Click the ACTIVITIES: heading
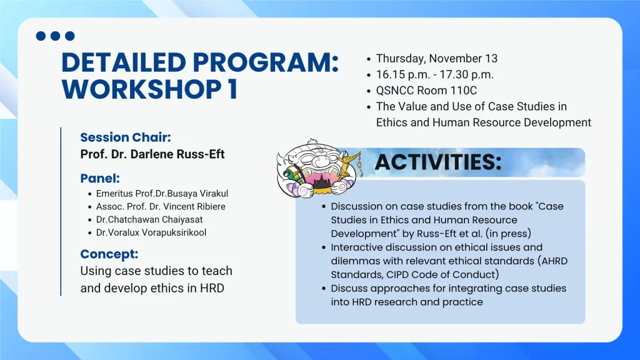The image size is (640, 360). (x=438, y=162)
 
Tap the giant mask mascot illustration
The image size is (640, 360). (x=319, y=169)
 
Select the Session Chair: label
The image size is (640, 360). (x=125, y=137)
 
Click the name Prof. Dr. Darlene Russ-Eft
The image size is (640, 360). (x=152, y=154)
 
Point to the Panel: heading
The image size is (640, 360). (x=100, y=178)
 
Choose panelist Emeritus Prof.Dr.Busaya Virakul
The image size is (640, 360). (x=162, y=194)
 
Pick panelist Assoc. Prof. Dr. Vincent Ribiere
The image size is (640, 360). (x=161, y=206)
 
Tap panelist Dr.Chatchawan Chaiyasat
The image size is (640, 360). (x=149, y=219)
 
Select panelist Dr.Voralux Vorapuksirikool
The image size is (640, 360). (x=151, y=232)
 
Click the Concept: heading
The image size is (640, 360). (x=109, y=254)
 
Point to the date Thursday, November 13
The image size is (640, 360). (x=437, y=58)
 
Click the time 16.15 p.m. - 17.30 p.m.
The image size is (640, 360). (x=435, y=75)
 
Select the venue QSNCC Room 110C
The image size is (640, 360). (x=426, y=91)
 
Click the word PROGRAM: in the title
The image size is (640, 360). (x=265, y=63)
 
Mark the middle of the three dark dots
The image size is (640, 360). (x=55, y=36)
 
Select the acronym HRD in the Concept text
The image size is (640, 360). (x=212, y=288)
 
